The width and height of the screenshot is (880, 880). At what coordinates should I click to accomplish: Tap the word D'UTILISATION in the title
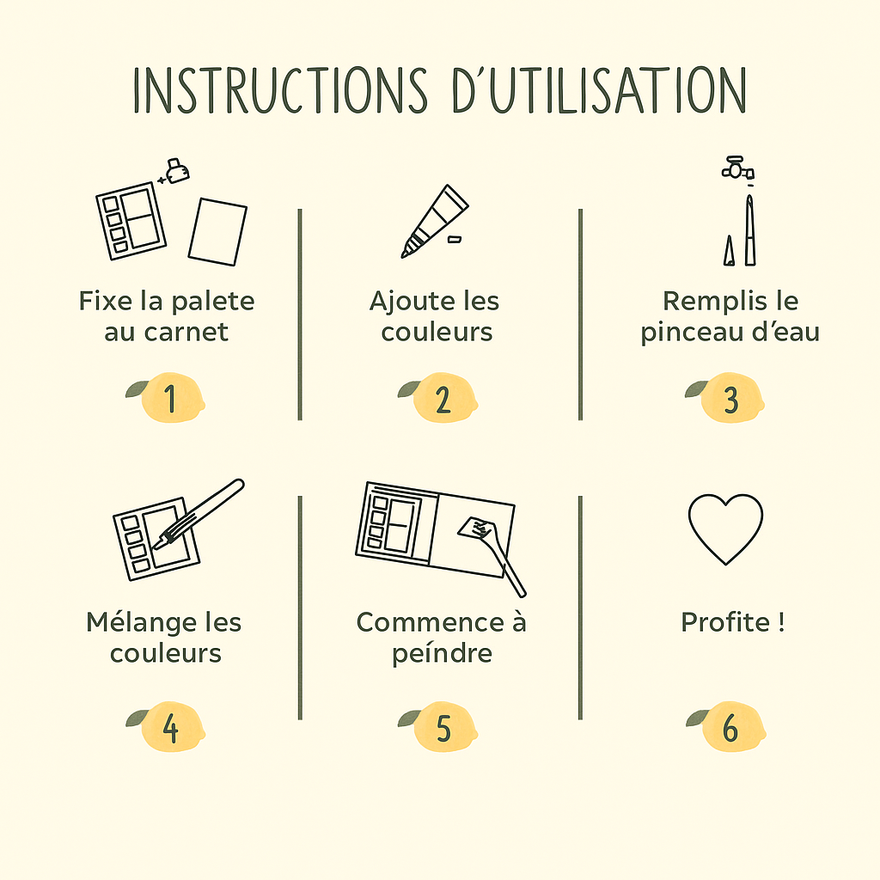click(599, 89)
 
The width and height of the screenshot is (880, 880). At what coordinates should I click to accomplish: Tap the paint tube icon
click(434, 221)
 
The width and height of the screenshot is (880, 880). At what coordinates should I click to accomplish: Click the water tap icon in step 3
click(737, 168)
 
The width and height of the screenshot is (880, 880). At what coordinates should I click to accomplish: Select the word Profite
click(725, 622)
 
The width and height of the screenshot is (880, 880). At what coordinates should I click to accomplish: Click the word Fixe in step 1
click(106, 301)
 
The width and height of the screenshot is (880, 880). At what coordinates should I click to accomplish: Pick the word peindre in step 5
click(443, 654)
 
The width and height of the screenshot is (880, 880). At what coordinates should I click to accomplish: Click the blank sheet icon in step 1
click(217, 231)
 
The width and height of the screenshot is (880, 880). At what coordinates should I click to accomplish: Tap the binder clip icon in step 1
click(176, 171)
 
